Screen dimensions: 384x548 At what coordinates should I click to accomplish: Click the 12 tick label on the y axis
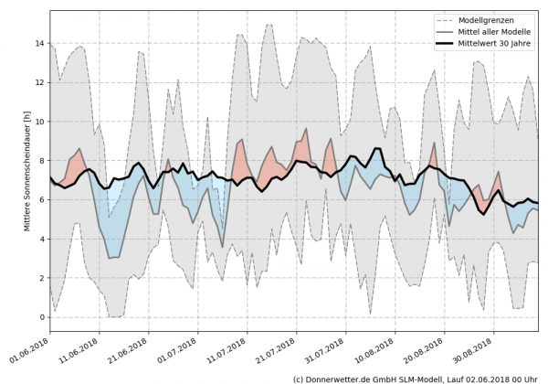point(39,82)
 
